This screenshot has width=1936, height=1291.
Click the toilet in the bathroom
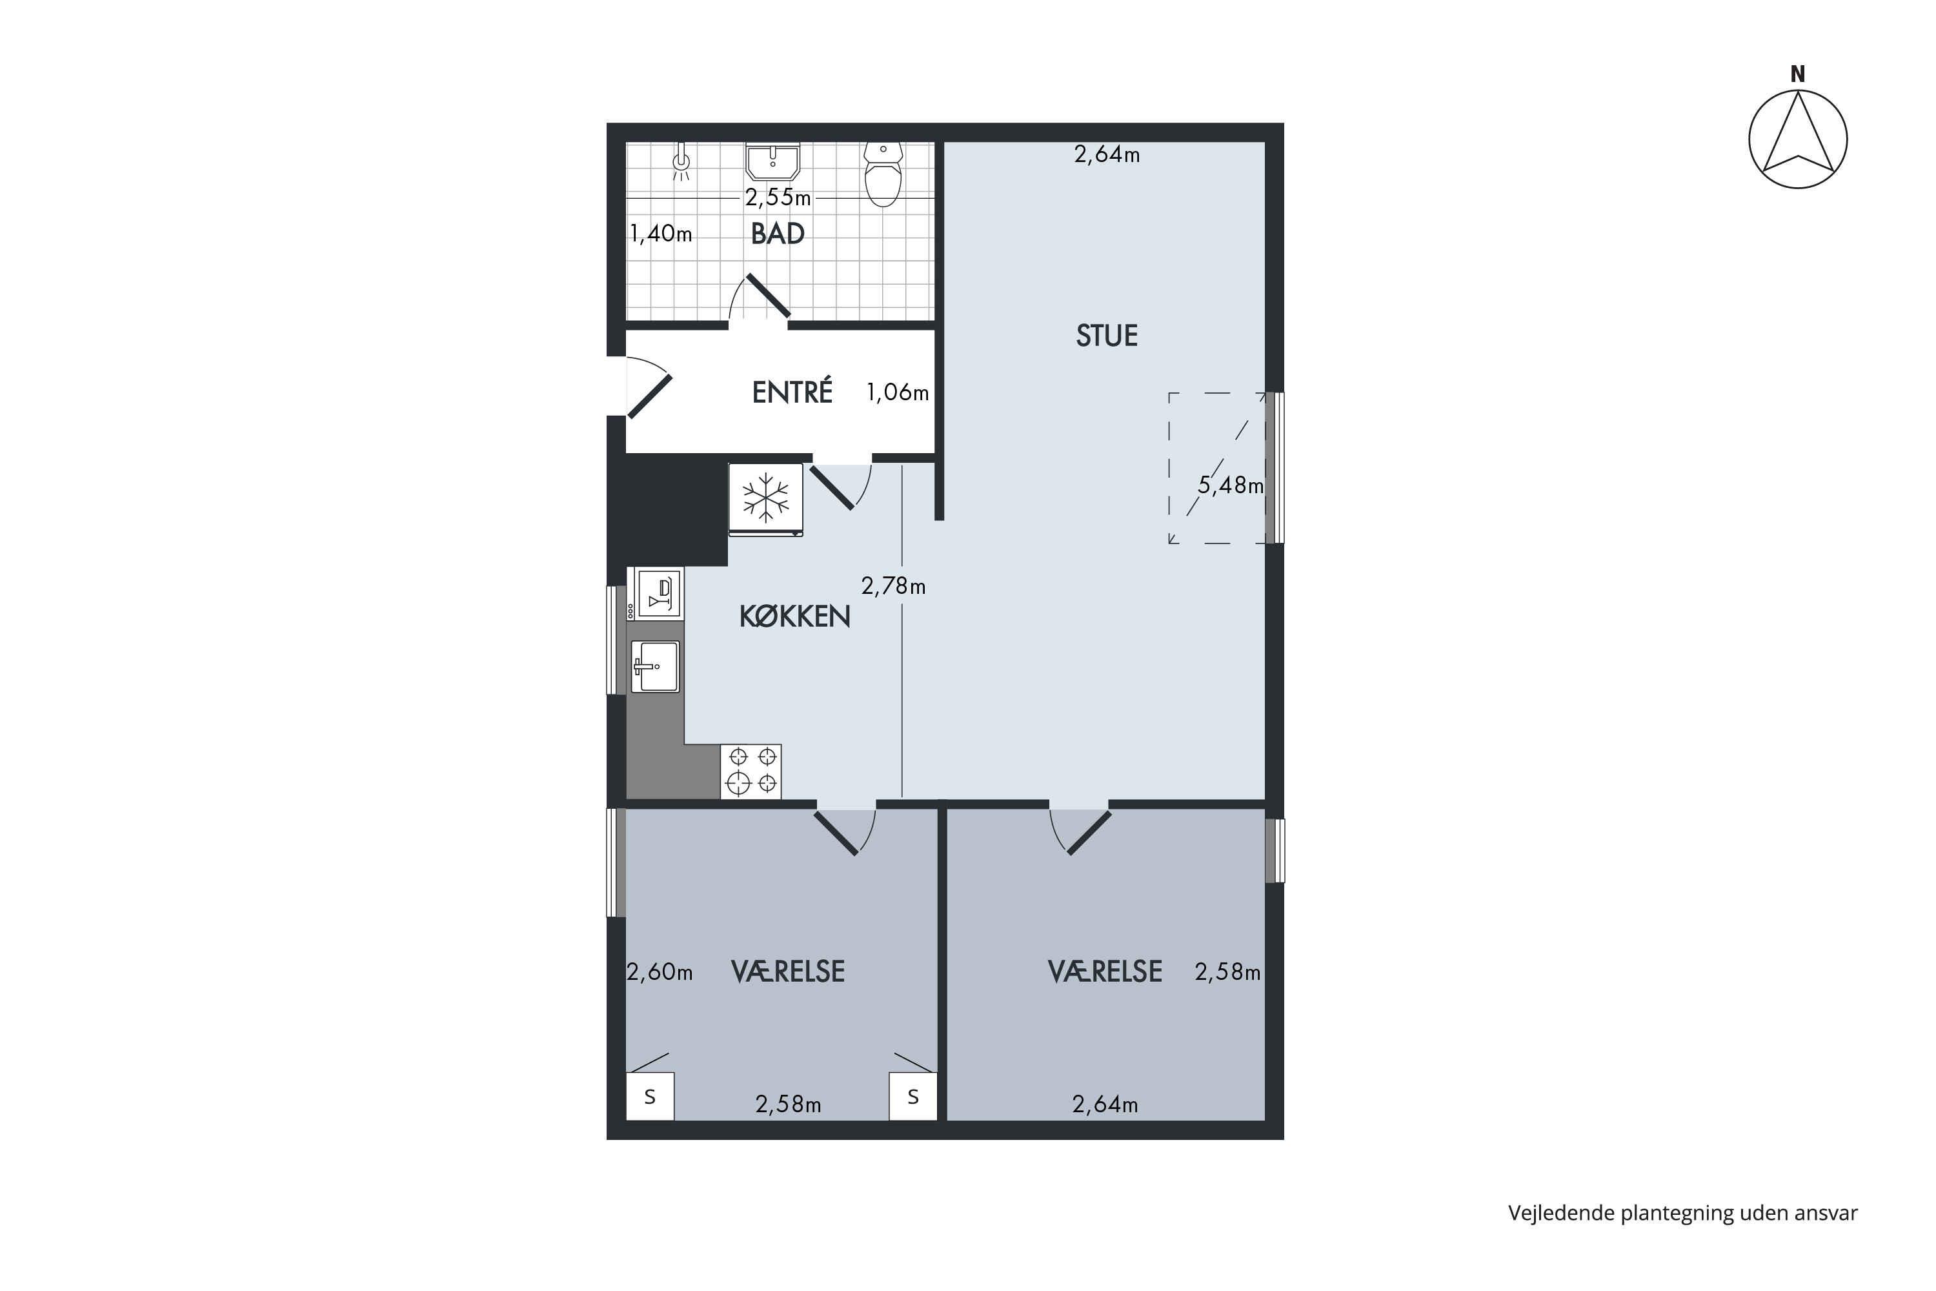pyautogui.click(x=883, y=174)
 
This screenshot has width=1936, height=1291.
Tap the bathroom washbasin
pyautogui.click(x=773, y=161)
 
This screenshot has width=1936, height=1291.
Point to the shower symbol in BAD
pyautogui.click(x=681, y=161)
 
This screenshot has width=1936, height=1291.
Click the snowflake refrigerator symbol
pyautogui.click(x=765, y=500)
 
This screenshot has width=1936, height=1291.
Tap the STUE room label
pyautogui.click(x=1107, y=336)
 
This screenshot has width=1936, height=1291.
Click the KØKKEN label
pyautogui.click(x=794, y=616)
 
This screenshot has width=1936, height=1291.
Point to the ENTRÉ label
pyautogui.click(x=792, y=391)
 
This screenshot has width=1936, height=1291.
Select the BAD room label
pyautogui.click(x=778, y=234)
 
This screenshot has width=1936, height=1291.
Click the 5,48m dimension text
pyautogui.click(x=1231, y=486)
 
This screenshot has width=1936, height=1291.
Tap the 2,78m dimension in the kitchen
pyautogui.click(x=893, y=586)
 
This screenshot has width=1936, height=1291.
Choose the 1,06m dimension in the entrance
pyautogui.click(x=897, y=392)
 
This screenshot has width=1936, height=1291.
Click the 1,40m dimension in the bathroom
pyautogui.click(x=661, y=234)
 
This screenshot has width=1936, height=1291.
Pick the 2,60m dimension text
pyautogui.click(x=660, y=972)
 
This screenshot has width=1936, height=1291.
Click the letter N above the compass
pyautogui.click(x=1798, y=74)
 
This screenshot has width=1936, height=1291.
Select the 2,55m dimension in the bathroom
pyautogui.click(x=778, y=198)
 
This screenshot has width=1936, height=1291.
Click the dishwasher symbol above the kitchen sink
pyautogui.click(x=661, y=592)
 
